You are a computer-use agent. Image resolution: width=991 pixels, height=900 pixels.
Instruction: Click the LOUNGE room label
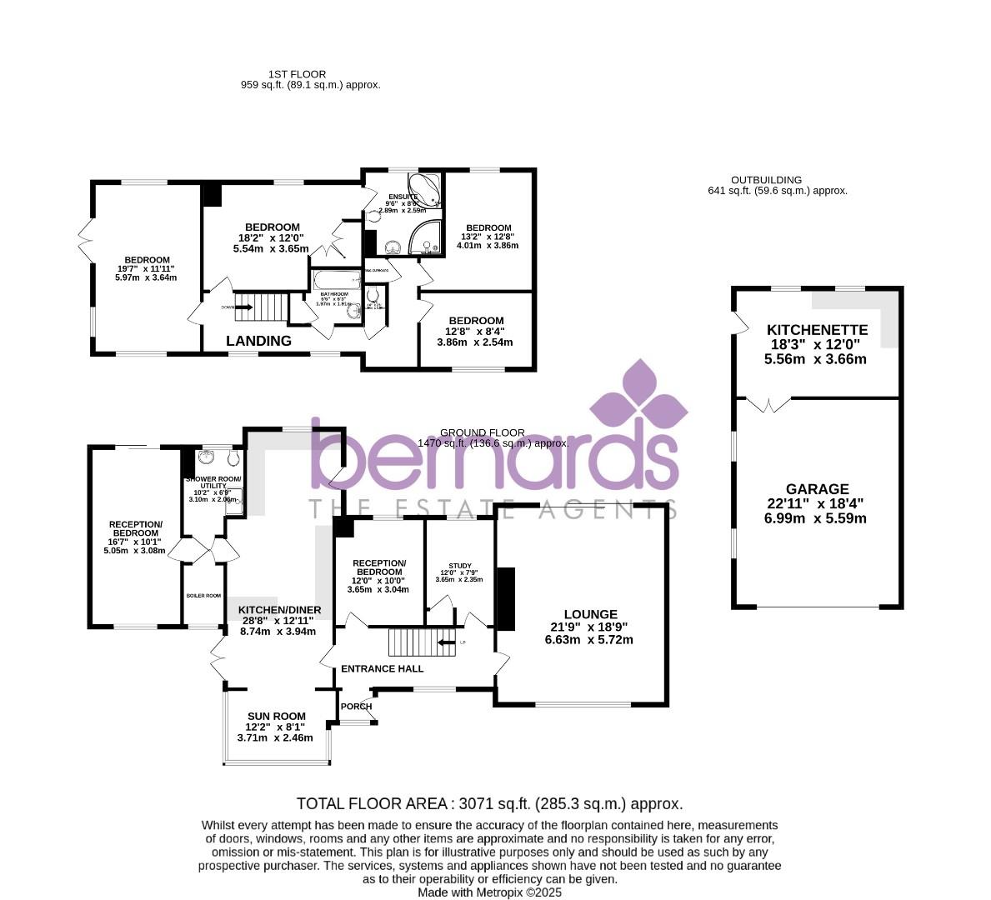pyautogui.click(x=589, y=614)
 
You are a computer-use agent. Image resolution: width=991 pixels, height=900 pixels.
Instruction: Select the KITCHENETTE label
pyautogui.click(x=817, y=330)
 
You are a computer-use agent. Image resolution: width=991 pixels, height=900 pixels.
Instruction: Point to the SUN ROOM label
pyautogui.click(x=276, y=716)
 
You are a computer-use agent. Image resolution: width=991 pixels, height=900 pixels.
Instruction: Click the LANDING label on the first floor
pyautogui.click(x=259, y=341)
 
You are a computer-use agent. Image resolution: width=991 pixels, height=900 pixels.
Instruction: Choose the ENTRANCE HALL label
pyautogui.click(x=382, y=668)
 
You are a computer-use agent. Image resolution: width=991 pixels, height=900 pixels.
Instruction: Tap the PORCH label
pyautogui.click(x=357, y=707)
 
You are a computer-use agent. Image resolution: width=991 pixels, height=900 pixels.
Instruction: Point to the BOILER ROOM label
pyautogui.click(x=203, y=596)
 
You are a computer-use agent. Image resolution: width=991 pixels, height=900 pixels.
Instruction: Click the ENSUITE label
pyautogui.click(x=403, y=197)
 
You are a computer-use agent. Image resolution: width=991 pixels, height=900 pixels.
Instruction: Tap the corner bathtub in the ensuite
pyautogui.click(x=424, y=188)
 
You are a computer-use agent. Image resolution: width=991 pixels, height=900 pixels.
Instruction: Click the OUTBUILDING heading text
pyautogui.click(x=766, y=180)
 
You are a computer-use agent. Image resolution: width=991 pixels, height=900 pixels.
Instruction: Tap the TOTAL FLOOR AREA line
pyautogui.click(x=489, y=804)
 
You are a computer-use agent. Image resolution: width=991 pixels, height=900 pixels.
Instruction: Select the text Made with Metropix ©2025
pyautogui.click(x=489, y=892)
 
